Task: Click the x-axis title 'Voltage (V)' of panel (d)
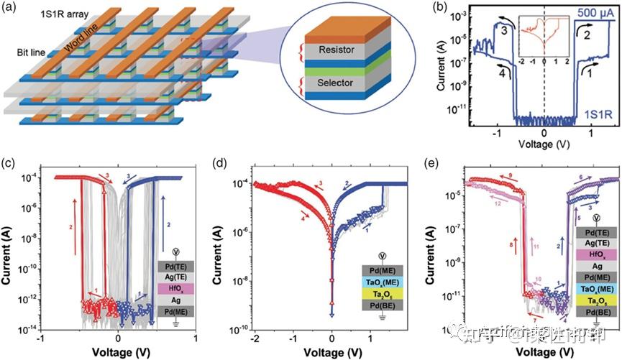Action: coord(331,351)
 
